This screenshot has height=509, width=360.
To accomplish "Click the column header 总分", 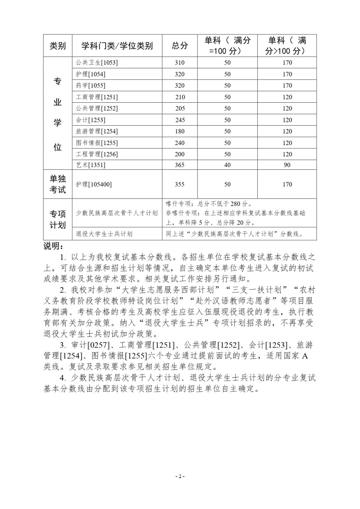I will (x=180, y=46).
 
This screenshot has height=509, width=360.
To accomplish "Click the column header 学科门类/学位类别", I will (x=117, y=46).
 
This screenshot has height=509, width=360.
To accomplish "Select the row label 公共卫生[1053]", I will (x=97, y=63).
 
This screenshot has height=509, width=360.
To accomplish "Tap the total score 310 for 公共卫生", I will (x=180, y=63).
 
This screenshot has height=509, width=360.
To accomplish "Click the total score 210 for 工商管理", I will (x=180, y=97).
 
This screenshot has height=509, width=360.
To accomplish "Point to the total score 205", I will (x=180, y=109).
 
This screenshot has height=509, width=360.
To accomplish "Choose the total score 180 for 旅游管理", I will (x=180, y=131).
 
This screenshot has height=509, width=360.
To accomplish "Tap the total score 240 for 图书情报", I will (x=180, y=143).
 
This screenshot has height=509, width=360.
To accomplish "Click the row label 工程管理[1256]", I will (x=97, y=154).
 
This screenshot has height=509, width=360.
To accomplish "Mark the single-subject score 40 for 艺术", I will (x=227, y=165).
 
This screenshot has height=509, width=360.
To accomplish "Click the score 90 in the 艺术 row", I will (x=287, y=165).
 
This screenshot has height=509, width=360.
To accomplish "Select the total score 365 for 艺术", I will (x=180, y=165).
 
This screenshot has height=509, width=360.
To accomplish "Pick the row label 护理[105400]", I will (x=94, y=184).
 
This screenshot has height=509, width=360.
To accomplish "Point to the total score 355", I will (x=180, y=184).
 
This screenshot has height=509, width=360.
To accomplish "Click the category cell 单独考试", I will (x=58, y=184).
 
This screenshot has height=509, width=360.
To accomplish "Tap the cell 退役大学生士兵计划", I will (x=104, y=234).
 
